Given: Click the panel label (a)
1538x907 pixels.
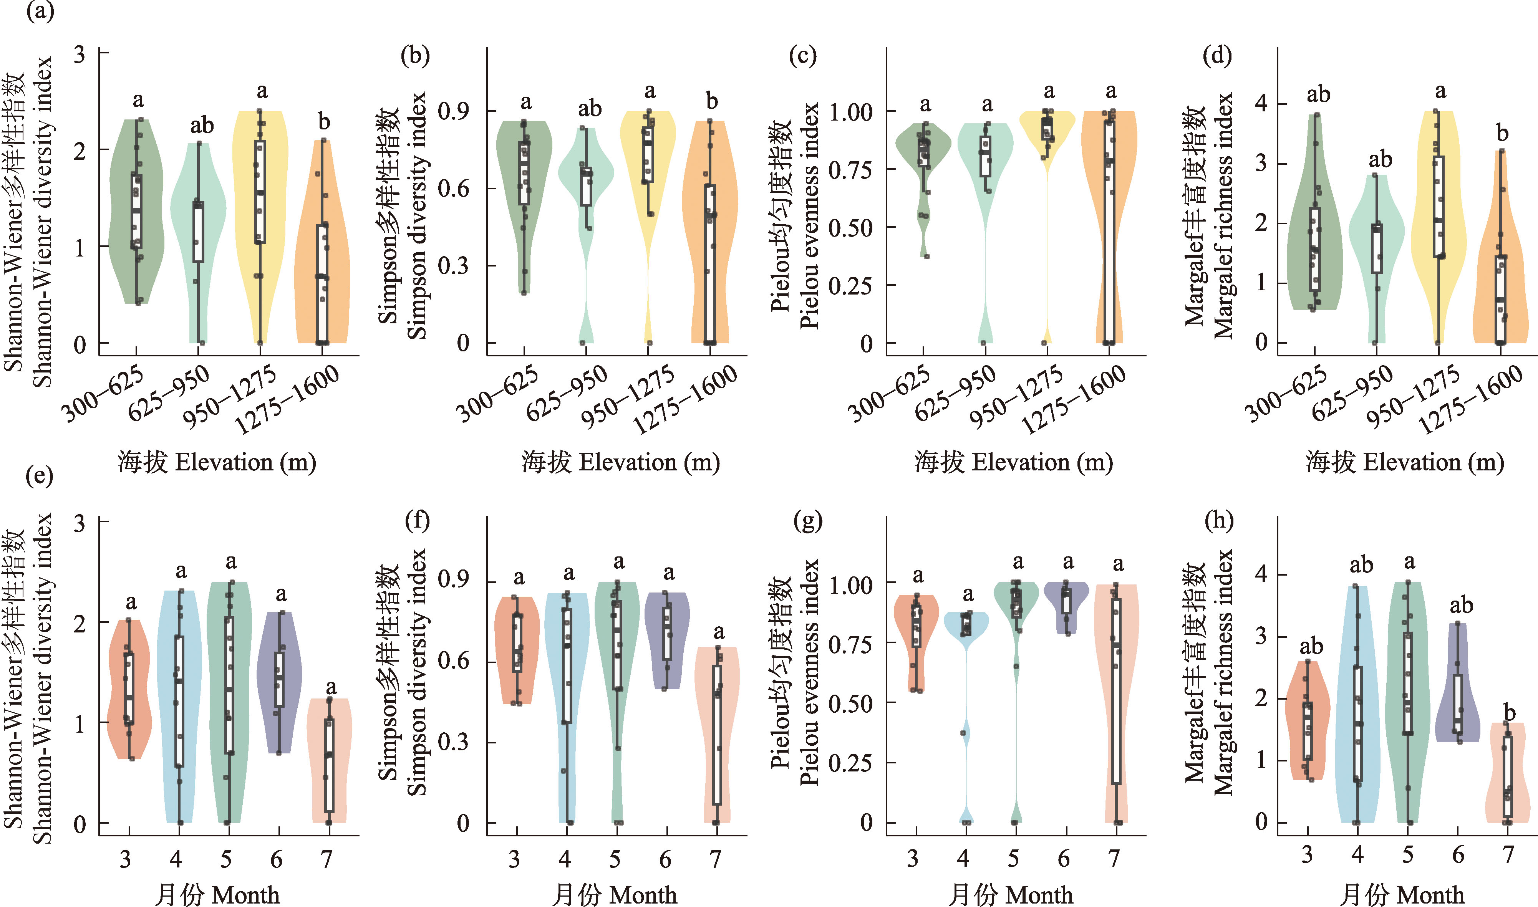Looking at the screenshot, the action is (x=40, y=11).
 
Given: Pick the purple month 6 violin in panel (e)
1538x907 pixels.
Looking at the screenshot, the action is (x=279, y=682).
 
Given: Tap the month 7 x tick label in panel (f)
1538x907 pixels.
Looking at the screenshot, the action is (x=715, y=859).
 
